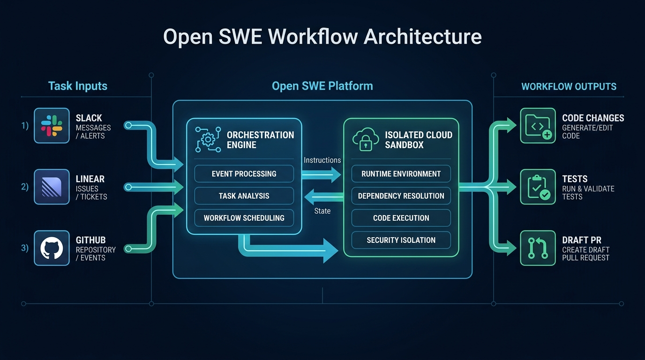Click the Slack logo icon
[52, 126]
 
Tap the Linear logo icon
[52, 187]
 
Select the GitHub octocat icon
[52, 248]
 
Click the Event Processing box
[244, 174]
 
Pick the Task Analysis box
[244, 196]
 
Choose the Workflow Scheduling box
[244, 218]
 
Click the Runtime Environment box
[401, 174]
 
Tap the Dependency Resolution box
[401, 196]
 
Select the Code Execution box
[401, 218]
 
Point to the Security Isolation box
[401, 240]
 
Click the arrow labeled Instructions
[322, 175]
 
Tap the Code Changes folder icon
[538, 126]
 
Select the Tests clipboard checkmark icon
[538, 187]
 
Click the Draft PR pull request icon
[538, 248]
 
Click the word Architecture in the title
[423, 37]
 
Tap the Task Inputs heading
[78, 86]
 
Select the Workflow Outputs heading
[569, 87]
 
